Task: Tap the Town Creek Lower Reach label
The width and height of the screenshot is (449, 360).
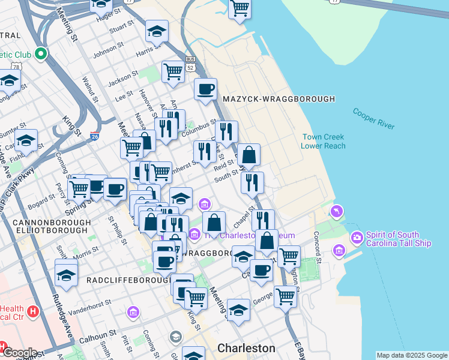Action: (323, 141)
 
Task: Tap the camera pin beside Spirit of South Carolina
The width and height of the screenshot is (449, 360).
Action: (357, 238)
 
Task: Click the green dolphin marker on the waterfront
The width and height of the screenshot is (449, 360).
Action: (337, 211)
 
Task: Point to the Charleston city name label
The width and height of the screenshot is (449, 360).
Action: (246, 348)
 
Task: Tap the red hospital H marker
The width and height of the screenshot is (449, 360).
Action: (33, 313)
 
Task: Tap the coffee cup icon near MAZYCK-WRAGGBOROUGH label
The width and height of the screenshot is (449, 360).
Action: (205, 89)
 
